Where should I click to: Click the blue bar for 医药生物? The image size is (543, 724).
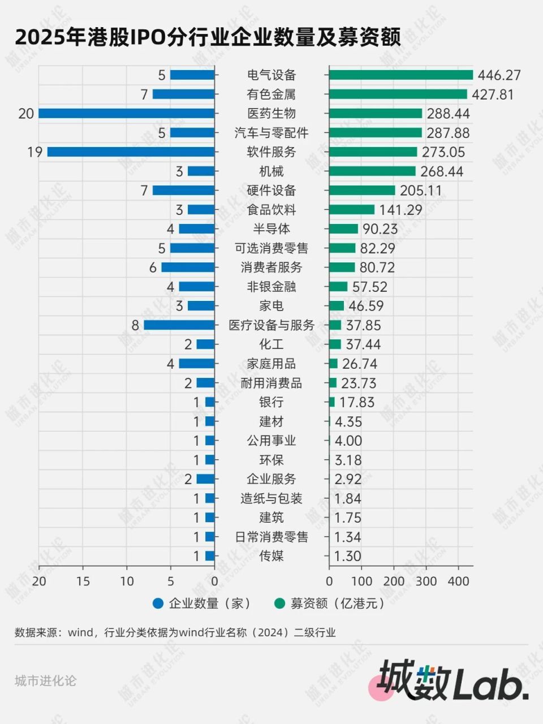(127, 114)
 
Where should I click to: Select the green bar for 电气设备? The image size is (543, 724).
(400, 75)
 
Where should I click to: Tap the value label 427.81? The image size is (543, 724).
(493, 94)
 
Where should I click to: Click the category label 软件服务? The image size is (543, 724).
(271, 152)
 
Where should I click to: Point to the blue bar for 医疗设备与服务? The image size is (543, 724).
(179, 325)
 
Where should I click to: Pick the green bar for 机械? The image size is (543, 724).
(372, 171)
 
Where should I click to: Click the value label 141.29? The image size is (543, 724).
(400, 210)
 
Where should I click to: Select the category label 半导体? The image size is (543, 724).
(271, 229)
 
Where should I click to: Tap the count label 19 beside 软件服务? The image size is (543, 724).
(35, 152)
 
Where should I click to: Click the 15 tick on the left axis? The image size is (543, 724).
(83, 581)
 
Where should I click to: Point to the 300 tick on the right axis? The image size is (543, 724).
(426, 581)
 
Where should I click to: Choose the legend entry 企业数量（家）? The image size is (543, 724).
(202, 604)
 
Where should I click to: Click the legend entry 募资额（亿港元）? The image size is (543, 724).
(330, 604)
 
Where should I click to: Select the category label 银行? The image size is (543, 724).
(271, 402)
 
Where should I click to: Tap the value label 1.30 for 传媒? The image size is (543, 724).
(347, 556)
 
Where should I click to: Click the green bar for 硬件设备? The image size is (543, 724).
(362, 191)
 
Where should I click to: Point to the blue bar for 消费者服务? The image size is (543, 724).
(188, 268)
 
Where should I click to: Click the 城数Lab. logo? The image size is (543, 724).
(453, 680)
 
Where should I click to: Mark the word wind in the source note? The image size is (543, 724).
(80, 633)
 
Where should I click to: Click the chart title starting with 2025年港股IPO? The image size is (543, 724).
(208, 38)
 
